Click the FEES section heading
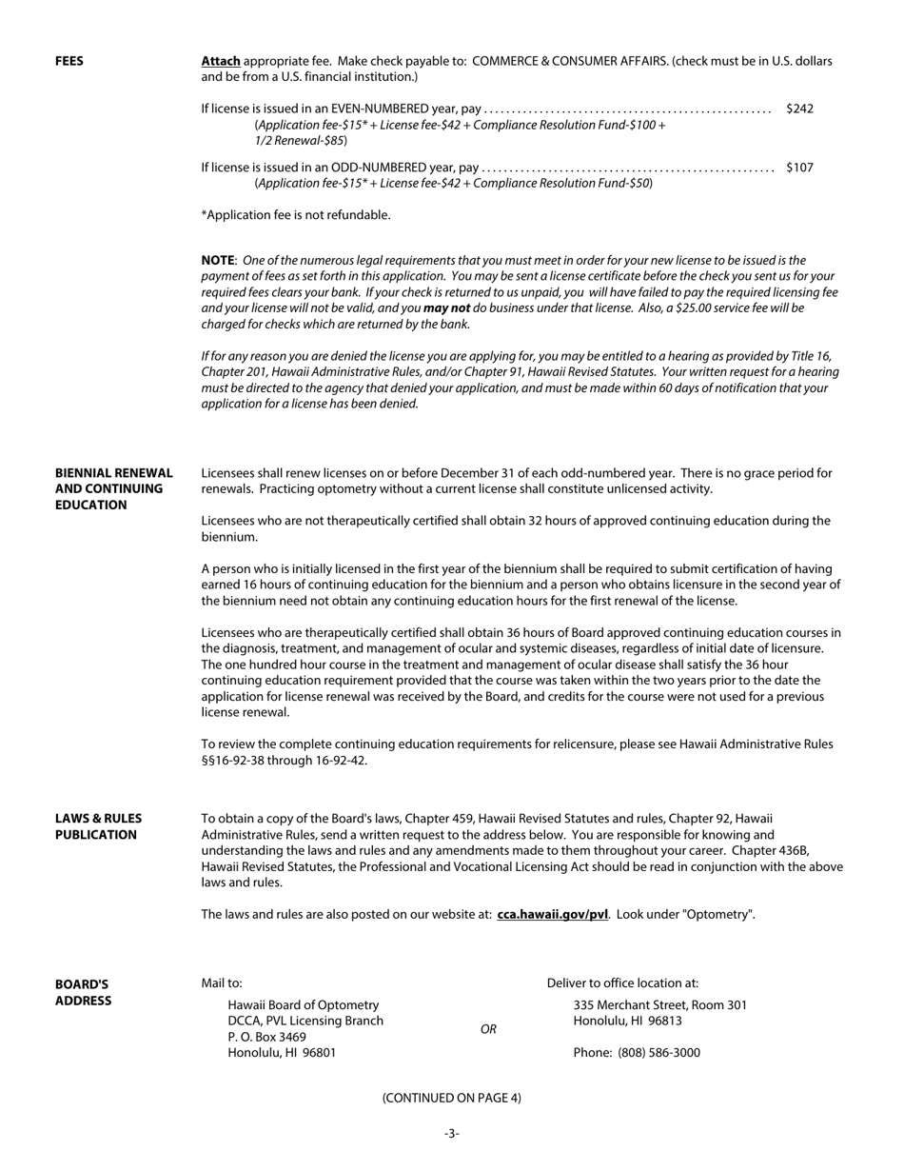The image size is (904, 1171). coord(69,61)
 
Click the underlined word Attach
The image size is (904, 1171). coord(221,61)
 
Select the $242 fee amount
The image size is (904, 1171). coord(799,109)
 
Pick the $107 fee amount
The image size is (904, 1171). coord(799,168)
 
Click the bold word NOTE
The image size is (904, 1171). coord(218,260)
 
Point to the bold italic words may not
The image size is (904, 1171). coord(447,308)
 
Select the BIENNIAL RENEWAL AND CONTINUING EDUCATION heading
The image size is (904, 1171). coord(113,488)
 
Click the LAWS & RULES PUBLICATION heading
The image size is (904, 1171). coord(98,826)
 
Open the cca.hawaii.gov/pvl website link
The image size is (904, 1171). coord(552,914)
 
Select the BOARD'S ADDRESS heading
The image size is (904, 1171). coord(83,992)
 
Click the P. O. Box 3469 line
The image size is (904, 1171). coord(266,1036)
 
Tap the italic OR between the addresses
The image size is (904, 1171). coord(488,1029)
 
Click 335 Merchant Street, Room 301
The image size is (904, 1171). coord(659,1004)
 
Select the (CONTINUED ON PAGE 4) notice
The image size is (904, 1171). coord(451,1098)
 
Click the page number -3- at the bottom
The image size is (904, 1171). coord(451,1133)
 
